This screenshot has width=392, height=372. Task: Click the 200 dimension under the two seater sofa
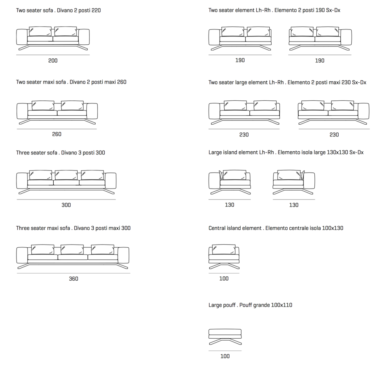point(53,60)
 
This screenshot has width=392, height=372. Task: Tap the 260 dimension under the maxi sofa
point(56,134)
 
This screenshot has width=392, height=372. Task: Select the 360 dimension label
point(73,279)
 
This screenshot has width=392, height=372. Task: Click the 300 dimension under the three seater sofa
point(66,205)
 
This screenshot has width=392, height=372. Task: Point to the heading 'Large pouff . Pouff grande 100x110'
point(250,305)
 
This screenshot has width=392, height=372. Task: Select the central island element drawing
point(224,256)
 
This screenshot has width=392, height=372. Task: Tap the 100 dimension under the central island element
point(224,278)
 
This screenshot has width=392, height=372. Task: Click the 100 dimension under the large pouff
point(225,356)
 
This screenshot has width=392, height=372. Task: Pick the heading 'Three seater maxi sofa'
point(73,228)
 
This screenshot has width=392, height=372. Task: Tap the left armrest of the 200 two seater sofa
point(22,37)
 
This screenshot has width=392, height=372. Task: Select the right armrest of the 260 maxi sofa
point(92,111)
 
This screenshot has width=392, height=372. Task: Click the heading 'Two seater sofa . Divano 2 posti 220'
point(58,10)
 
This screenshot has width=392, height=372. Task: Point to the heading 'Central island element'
point(276,228)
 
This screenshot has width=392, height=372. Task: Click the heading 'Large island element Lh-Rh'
point(286,152)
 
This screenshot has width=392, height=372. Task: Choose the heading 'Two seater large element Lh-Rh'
point(287,82)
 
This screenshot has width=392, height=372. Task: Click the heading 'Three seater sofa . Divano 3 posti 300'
point(60,152)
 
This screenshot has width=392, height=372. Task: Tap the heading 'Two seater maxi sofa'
point(71,82)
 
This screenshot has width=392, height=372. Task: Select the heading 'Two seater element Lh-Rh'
point(274,10)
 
